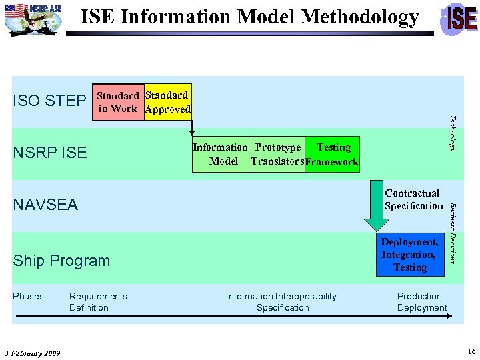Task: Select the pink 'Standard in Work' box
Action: click(x=117, y=102)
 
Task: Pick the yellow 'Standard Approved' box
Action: click(x=167, y=102)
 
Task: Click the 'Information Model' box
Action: click(x=221, y=154)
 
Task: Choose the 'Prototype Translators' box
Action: click(x=277, y=154)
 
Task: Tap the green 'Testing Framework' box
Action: click(x=332, y=154)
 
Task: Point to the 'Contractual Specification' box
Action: click(x=413, y=199)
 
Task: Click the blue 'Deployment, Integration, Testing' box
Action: click(x=410, y=255)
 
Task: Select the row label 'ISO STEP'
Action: click(x=49, y=101)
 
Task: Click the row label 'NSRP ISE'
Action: click(x=50, y=153)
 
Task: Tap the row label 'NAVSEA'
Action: click(x=45, y=205)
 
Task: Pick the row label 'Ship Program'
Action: click(x=61, y=261)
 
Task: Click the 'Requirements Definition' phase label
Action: click(x=98, y=302)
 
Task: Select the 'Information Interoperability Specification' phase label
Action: click(x=282, y=302)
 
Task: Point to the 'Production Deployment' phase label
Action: click(x=422, y=302)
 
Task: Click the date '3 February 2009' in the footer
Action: click(x=32, y=353)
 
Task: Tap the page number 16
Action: click(x=471, y=351)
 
